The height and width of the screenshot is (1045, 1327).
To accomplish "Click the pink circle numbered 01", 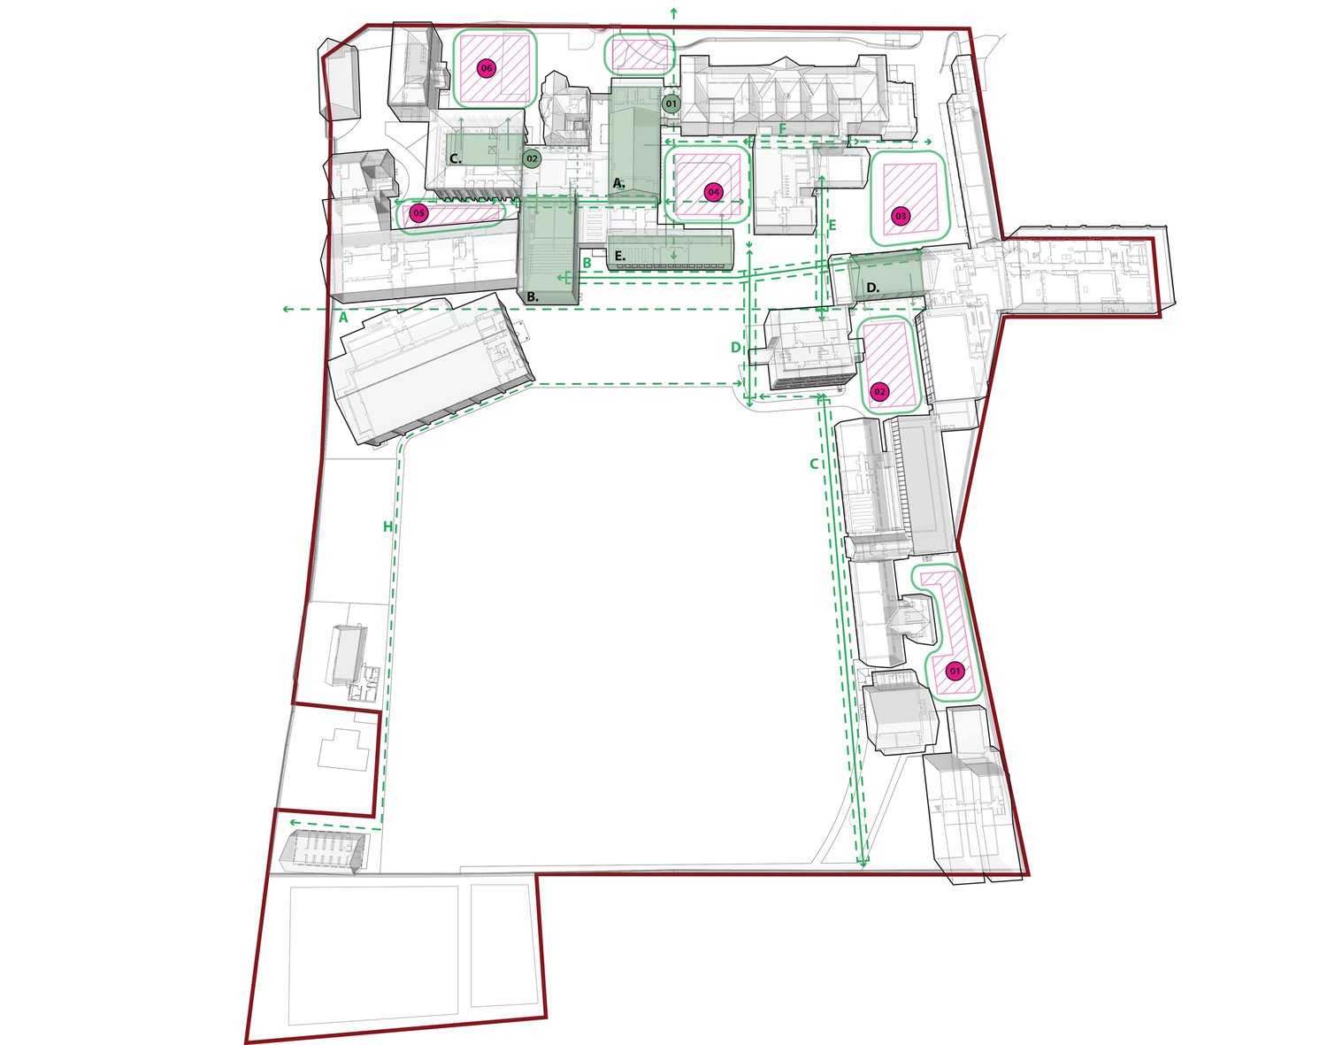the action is [955, 672].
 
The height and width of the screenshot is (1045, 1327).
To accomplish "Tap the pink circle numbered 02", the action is [880, 391].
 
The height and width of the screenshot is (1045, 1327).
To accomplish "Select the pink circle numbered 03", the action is [901, 217].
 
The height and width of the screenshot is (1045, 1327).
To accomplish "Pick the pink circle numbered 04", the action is [713, 192].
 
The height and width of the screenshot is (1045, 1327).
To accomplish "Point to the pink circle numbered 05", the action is [418, 213].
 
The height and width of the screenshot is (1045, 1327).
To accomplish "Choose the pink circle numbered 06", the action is [487, 68].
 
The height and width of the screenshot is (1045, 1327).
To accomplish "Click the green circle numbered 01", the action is [671, 104].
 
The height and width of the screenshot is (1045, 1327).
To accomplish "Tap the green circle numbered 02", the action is [532, 158].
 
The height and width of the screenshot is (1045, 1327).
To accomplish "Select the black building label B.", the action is [533, 296].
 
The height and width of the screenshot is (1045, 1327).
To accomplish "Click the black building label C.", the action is [455, 159].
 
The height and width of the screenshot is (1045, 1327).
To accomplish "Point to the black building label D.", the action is [873, 288].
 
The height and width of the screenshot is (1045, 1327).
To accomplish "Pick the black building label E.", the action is [620, 256].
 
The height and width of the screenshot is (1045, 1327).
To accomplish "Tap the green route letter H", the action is [387, 526].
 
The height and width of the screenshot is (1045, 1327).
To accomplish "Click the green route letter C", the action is [814, 464].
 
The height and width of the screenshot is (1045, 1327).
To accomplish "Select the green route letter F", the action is [783, 129].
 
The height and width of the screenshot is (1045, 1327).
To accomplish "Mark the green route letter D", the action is [736, 348].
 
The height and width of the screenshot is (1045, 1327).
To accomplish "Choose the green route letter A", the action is [344, 317].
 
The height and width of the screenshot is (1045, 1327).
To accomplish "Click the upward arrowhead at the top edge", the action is [672, 11].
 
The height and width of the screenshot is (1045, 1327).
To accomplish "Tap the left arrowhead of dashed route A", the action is [286, 309].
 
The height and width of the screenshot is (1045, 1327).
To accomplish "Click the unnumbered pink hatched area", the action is [639, 55].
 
